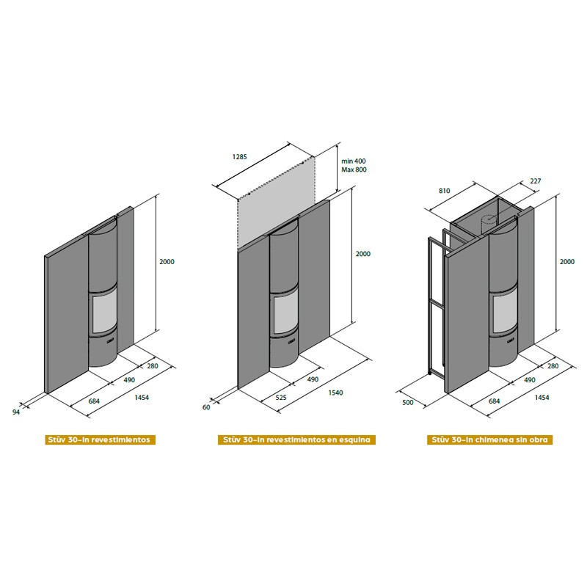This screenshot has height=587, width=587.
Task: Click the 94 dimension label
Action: click(x=16, y=412)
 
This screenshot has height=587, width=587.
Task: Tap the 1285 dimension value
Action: click(x=240, y=157)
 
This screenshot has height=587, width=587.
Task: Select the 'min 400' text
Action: click(x=354, y=161)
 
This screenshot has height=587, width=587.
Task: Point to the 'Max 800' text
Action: click(x=354, y=169)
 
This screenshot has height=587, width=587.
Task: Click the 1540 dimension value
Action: click(x=335, y=393)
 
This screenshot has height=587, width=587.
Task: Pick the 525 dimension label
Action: click(x=281, y=398)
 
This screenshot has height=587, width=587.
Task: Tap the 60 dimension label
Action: click(x=206, y=407)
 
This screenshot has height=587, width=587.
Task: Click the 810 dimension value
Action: click(x=445, y=191)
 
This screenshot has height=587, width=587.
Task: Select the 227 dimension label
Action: click(x=536, y=181)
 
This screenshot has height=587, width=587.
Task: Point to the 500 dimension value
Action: click(x=408, y=402)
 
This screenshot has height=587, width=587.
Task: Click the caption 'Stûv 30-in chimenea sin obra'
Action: click(x=489, y=440)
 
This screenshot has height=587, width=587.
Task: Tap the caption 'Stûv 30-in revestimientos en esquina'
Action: click(x=296, y=440)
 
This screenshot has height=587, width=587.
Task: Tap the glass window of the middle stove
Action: click(x=285, y=314)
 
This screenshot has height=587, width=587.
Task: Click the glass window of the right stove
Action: click(x=505, y=313)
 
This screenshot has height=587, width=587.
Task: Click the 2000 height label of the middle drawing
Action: click(x=362, y=254)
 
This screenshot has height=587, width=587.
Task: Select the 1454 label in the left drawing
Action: click(x=142, y=398)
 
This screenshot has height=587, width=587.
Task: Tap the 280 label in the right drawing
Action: click(x=553, y=366)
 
